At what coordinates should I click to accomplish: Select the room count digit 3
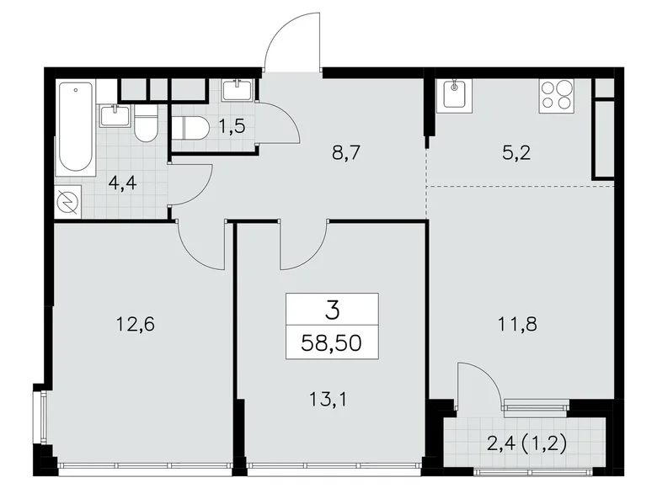(332, 310)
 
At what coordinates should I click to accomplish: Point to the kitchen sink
(456, 95)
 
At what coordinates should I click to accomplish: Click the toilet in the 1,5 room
(190, 129)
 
